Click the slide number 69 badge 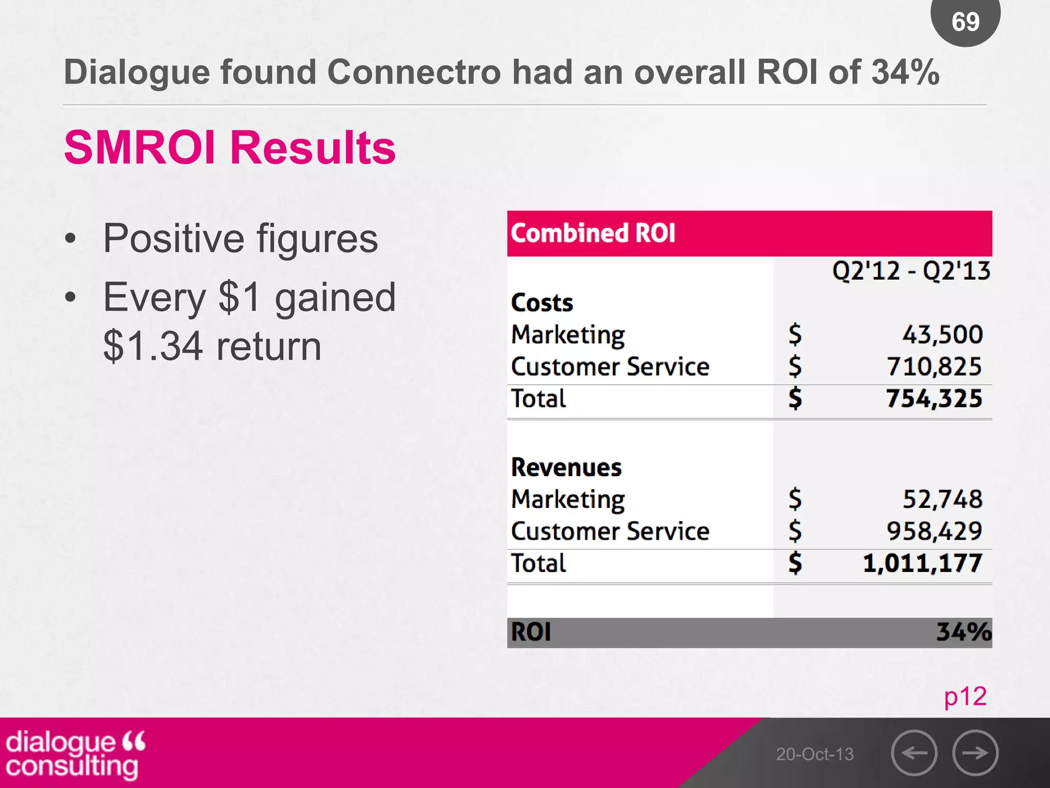point(965,22)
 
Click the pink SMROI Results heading point(230,148)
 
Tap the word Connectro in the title point(414,72)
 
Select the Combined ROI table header point(593,233)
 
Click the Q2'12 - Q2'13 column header point(911,270)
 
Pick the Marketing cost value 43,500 point(942,334)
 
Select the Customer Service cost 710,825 point(934,367)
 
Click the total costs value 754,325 point(934,399)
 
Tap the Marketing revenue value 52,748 point(942,499)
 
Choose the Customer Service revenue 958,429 point(934,531)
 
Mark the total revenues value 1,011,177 point(922,563)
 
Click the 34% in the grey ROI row point(963,632)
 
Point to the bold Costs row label point(542,303)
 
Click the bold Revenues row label point(566,467)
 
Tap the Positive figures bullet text point(240,239)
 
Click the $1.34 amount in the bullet point(153,347)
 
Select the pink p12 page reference point(965,697)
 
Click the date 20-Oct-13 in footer point(814,754)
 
